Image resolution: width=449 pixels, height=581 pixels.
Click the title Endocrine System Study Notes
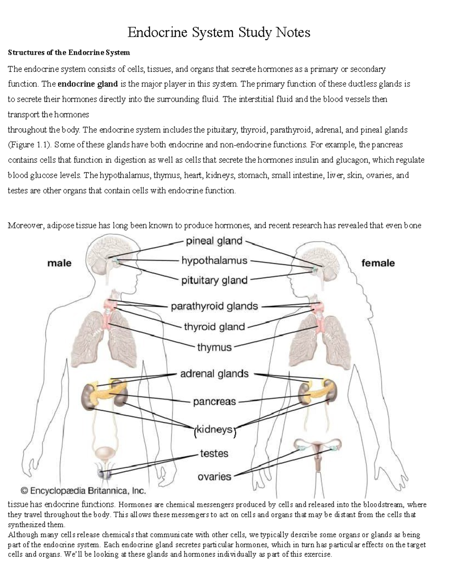219,33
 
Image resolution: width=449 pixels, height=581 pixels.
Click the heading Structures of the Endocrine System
69,52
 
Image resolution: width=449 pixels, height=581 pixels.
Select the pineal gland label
214,241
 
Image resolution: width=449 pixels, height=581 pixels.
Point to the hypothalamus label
214,260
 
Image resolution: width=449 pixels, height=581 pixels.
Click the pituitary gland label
214,280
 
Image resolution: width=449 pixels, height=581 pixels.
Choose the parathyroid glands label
214,306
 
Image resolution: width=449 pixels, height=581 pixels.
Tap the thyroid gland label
214,327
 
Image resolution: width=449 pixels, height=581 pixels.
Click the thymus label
214,347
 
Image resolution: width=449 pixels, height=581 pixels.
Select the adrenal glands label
214,374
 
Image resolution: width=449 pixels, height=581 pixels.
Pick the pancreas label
214,402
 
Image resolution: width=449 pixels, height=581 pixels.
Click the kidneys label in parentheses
214,429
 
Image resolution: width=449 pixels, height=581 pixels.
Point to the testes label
214,453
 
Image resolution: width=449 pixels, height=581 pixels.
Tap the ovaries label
214,477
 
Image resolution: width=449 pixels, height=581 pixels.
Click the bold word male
59,263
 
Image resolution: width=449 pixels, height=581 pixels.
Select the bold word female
378,263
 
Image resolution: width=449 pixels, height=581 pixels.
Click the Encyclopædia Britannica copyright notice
83,490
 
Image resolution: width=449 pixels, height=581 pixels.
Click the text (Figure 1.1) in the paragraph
29,145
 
